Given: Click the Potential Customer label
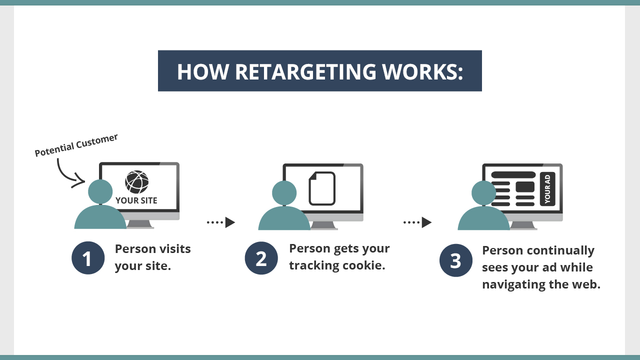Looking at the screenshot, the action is pyautogui.click(x=76, y=145).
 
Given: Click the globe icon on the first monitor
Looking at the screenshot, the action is pyautogui.click(x=136, y=182).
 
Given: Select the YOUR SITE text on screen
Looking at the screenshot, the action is pyautogui.click(x=136, y=200).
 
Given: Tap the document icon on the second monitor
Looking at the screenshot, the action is pyautogui.click(x=322, y=188).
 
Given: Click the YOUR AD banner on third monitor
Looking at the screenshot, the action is pyautogui.click(x=547, y=189).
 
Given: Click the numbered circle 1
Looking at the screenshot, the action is pyautogui.click(x=88, y=258).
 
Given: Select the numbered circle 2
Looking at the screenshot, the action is pyautogui.click(x=261, y=258).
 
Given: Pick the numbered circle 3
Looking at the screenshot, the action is pyautogui.click(x=455, y=260).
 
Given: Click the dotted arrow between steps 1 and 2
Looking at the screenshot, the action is pyautogui.click(x=221, y=222).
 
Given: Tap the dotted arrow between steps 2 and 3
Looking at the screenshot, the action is pyautogui.click(x=417, y=222).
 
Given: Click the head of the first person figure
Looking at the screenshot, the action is pyautogui.click(x=100, y=191).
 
